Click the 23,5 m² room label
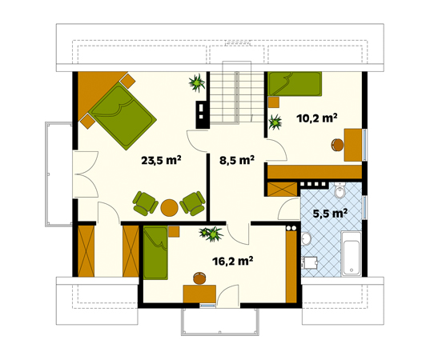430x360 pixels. (x=161, y=160)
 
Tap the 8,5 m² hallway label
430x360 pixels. (x=236, y=160)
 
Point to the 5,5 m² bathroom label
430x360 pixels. (x=328, y=214)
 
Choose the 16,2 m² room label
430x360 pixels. (x=232, y=261)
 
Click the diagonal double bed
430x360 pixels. (x=122, y=115)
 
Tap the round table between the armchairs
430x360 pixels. (x=169, y=207)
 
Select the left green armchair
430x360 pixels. (x=145, y=202)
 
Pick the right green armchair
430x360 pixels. (x=192, y=202)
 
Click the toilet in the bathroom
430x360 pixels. (x=340, y=195)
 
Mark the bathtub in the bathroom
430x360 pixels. (x=351, y=254)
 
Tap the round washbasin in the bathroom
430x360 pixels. (x=306, y=238)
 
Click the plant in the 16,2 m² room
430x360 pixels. (x=212, y=234)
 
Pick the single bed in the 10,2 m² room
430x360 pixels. (x=295, y=84)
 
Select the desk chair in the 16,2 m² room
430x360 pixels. (x=199, y=278)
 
